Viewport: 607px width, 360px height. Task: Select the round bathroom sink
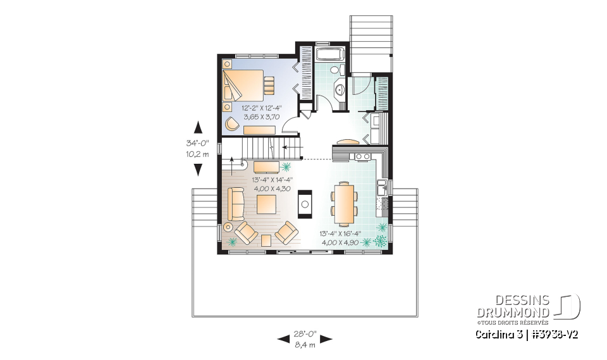tap(340, 90)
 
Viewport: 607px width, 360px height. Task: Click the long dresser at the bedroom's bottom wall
tap(258, 130)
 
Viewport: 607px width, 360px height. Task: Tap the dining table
tap(344, 203)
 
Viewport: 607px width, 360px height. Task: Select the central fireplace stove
tap(305, 204)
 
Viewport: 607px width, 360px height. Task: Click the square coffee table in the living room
tap(266, 204)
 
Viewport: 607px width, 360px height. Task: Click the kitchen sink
tap(381, 187)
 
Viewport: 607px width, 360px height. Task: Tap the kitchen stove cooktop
tap(362, 156)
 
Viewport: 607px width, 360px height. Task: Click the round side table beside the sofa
tap(228, 227)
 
